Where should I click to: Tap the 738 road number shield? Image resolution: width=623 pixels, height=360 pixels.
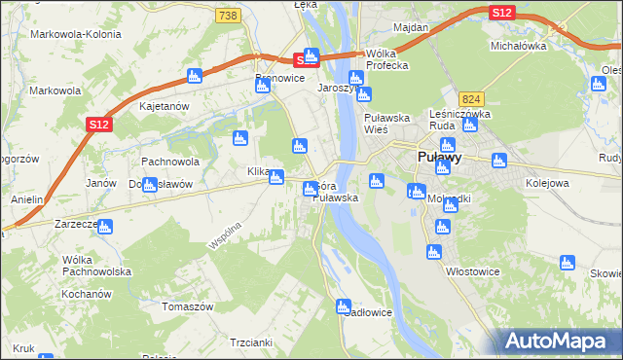click(x=228, y=16)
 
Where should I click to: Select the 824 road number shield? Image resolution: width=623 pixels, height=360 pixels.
click(x=472, y=99)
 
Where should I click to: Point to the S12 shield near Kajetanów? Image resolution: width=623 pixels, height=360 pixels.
click(x=97, y=125)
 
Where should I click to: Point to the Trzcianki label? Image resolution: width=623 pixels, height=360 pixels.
click(x=251, y=342)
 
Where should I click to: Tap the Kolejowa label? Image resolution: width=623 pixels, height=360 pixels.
click(x=546, y=182)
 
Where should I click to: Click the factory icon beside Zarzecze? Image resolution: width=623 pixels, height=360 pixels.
click(x=105, y=227)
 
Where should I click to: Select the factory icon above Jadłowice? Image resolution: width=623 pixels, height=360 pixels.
click(x=344, y=307)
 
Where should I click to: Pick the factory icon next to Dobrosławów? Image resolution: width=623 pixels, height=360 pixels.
click(x=150, y=185)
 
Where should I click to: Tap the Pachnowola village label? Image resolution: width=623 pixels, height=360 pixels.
click(x=170, y=162)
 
